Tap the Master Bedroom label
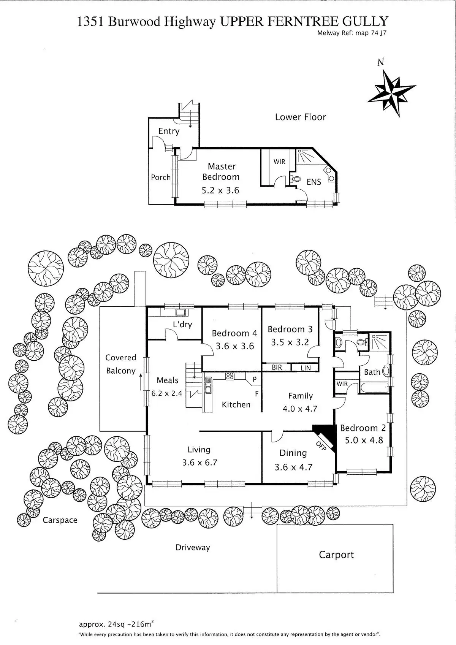click(221, 171)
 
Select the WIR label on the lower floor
click(279, 162)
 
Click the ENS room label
click(314, 182)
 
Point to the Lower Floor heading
click(300, 117)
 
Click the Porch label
click(161, 177)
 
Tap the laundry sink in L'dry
click(180, 312)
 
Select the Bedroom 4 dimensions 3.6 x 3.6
click(234, 346)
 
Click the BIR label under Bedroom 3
click(277, 368)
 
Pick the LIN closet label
click(306, 368)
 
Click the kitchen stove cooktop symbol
click(230, 376)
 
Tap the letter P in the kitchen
click(255, 379)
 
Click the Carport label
click(336, 555)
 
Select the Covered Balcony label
click(121, 364)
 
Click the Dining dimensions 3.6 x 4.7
click(293, 467)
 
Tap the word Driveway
click(193, 548)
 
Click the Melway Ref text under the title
click(351, 33)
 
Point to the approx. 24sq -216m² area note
click(116, 624)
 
